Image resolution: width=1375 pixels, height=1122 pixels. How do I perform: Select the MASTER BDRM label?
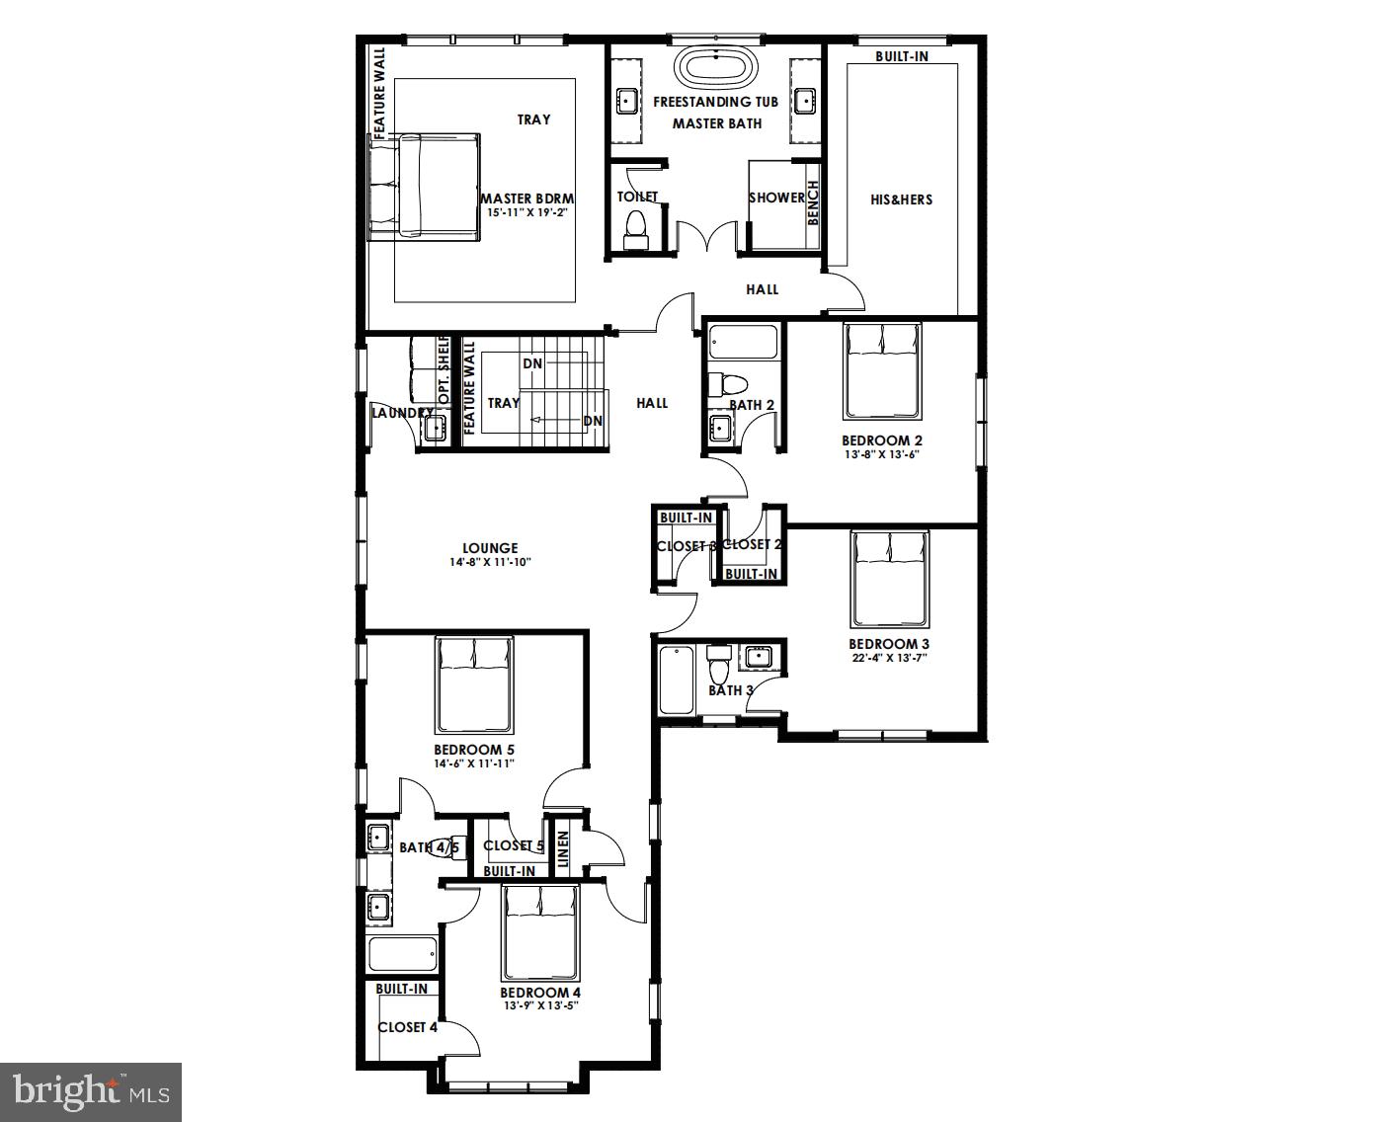527,199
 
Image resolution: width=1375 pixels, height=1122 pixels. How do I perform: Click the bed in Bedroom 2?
882,370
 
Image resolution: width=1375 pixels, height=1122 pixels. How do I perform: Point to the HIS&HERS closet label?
901,200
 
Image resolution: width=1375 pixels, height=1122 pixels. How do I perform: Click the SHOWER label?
776,198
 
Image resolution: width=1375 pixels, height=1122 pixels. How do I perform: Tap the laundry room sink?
434,429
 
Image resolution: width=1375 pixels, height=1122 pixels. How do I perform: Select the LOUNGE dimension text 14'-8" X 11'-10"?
490,562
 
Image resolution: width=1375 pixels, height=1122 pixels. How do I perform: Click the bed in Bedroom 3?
891,579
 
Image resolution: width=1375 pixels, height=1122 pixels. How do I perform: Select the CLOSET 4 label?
407,1027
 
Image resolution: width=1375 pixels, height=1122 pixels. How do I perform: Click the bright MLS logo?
91,1091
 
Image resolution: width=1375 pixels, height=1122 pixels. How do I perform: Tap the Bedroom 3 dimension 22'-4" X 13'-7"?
889,658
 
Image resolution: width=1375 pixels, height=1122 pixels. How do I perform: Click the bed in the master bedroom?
424,187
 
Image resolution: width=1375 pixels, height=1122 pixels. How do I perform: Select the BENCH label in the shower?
813,202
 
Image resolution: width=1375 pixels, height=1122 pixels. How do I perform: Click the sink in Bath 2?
720,428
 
